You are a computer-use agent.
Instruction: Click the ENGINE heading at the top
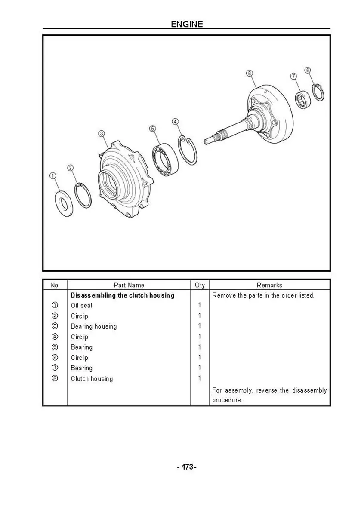tap(186, 24)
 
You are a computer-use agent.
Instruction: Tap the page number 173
tap(186, 467)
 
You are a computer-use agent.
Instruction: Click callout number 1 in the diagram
tap(52, 175)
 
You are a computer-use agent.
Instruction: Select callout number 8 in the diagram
tap(250, 73)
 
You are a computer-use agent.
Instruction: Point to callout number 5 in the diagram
tap(152, 129)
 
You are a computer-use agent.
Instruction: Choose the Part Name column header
tap(129, 285)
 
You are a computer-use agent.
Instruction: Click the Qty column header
tap(200, 285)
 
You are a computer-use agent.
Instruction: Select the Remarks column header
tap(269, 285)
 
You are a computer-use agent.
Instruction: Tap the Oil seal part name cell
tap(81, 305)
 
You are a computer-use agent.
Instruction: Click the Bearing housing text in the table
tap(93, 326)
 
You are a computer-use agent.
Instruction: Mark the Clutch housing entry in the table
tap(92, 378)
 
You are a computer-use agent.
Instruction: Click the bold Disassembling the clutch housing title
tap(122, 295)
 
